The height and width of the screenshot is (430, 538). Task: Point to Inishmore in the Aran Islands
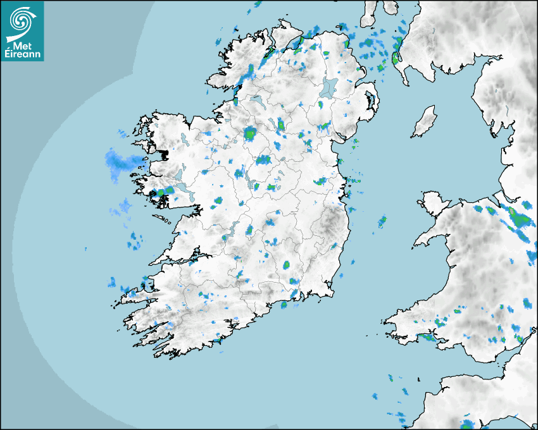tap(163, 219)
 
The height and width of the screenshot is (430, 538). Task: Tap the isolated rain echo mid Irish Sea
tap(382, 221)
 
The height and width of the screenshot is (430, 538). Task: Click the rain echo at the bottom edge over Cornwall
tap(468, 424)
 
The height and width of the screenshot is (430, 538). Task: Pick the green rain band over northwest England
tap(520, 221)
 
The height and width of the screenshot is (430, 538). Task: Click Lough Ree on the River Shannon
tap(253, 185)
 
